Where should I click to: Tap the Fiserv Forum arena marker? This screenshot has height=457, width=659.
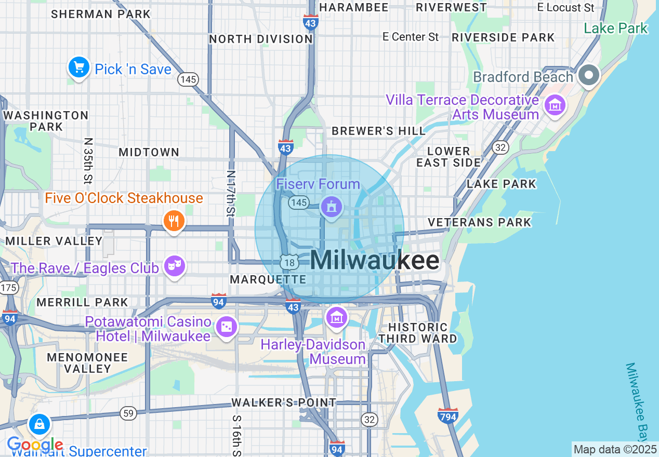[331, 207]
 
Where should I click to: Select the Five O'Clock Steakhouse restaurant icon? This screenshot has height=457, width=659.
[174, 222]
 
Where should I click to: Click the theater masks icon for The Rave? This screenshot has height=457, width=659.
[174, 266]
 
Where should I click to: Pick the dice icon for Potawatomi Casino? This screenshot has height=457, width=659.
[227, 327]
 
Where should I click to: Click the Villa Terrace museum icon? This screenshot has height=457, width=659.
[555, 105]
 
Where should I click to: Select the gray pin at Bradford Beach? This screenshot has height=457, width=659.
[589, 75]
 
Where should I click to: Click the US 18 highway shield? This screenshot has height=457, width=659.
[289, 262]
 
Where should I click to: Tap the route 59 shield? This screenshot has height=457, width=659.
[128, 413]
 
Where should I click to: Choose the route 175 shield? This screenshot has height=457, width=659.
[8, 288]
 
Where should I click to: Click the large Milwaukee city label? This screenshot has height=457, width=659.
[375, 260]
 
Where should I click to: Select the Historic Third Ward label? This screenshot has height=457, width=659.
[418, 333]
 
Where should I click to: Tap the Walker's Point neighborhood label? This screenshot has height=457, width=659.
[284, 402]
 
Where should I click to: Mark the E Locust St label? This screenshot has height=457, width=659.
[566, 7]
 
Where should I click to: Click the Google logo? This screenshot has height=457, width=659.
[35, 445]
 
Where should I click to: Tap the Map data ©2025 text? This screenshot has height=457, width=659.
[615, 449]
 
